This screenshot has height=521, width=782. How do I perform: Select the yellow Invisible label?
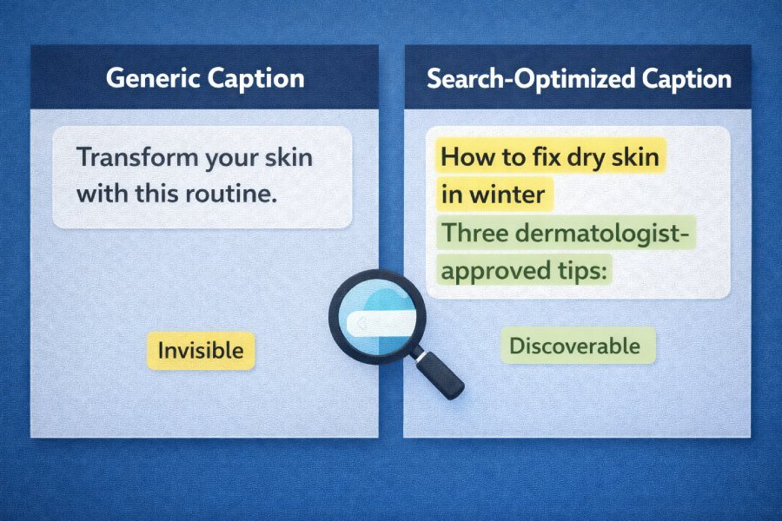(201, 351)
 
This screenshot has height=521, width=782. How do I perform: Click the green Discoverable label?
(574, 346)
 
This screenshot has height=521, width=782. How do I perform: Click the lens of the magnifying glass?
(377, 317)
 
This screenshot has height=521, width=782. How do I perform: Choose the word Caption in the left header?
(255, 78)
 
